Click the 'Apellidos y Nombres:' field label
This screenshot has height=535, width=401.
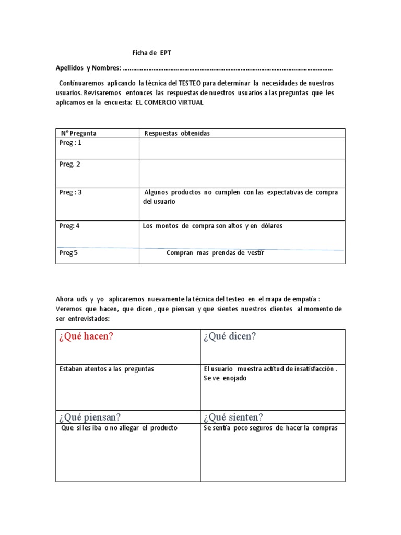pos(88,68)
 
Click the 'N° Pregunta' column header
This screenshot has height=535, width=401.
pos(78,134)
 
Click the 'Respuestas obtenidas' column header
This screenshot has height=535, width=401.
pos(176,134)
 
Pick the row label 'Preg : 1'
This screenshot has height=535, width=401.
pos(70,143)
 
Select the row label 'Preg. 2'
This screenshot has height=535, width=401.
pos(70,165)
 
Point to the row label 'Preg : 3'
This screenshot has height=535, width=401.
pos(70,192)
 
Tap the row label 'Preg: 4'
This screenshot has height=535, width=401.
pos(70,226)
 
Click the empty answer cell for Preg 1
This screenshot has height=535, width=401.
pos(241,148)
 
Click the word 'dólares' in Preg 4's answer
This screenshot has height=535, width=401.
pos(271,226)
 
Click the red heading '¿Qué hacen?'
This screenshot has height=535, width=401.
pos(87,336)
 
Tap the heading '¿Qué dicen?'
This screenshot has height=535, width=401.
pos(230,336)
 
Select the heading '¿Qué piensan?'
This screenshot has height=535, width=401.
pos(90,417)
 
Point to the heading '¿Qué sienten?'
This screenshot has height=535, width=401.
pos(233,417)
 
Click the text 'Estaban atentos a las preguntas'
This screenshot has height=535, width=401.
pos(107,369)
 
